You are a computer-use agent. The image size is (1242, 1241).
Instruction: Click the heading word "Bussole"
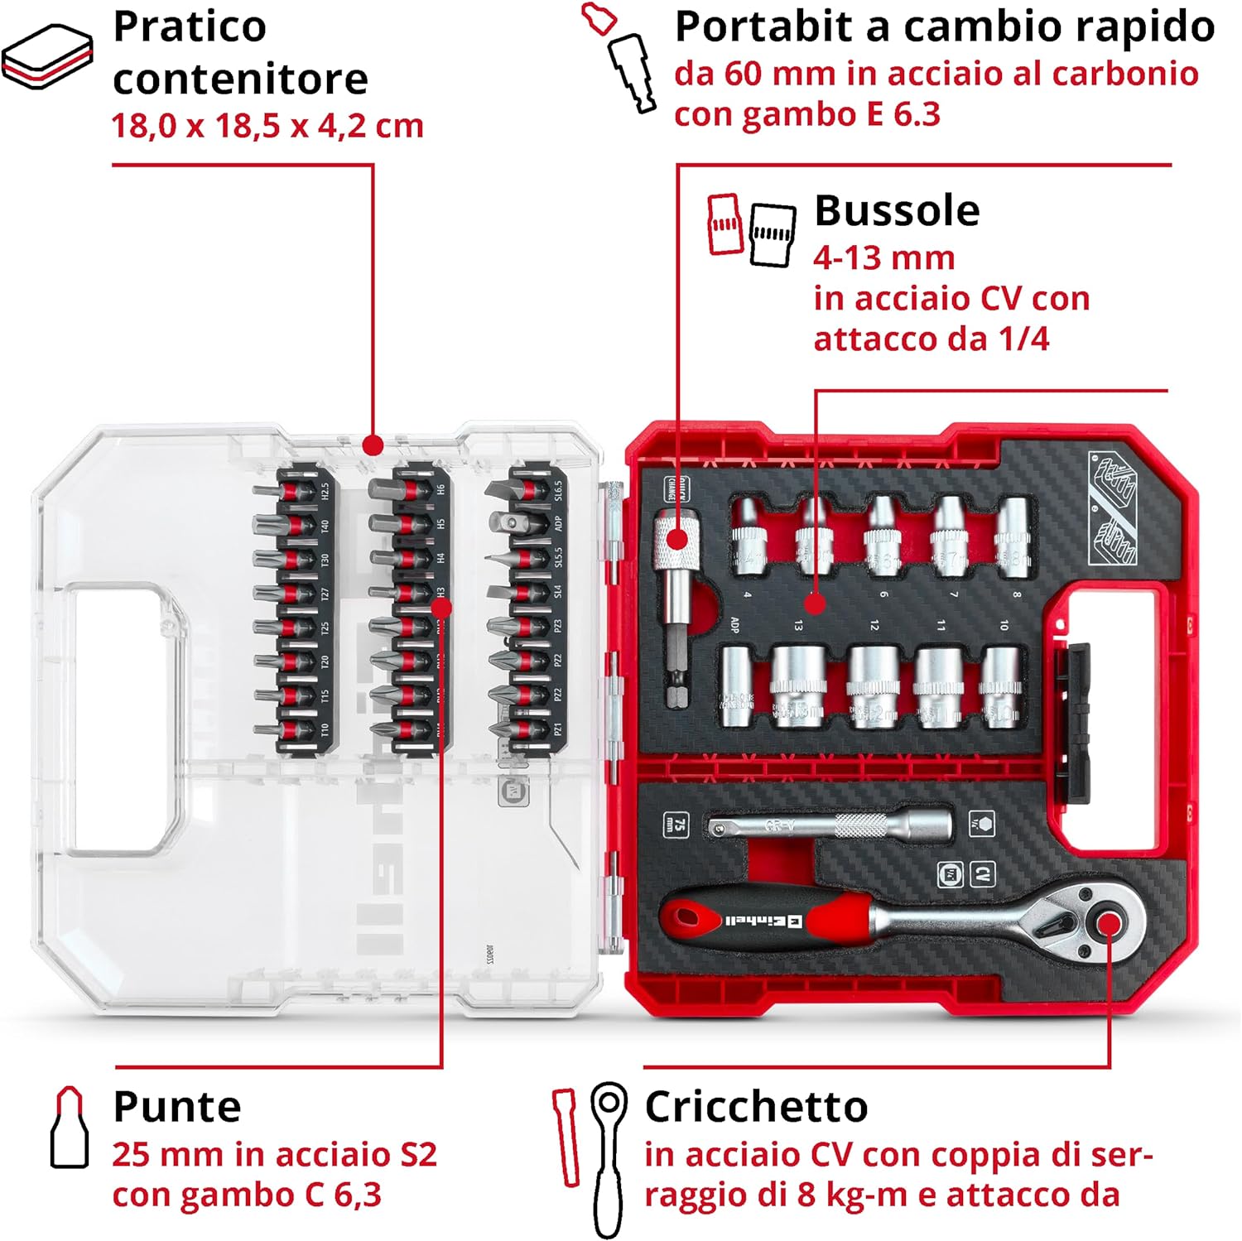[x=897, y=210]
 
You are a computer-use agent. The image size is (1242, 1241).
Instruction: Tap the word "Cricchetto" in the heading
[x=756, y=1107]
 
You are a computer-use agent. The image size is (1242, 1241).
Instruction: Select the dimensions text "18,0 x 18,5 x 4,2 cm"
[x=267, y=126]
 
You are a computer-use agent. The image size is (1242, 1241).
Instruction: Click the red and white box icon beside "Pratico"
[x=46, y=56]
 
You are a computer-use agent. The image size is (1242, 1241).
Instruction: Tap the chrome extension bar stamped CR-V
[x=828, y=825]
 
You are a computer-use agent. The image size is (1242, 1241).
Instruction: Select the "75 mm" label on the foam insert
[x=676, y=825]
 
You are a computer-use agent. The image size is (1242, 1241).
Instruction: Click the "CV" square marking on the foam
[x=983, y=874]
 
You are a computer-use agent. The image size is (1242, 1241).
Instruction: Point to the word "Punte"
[x=177, y=1107]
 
